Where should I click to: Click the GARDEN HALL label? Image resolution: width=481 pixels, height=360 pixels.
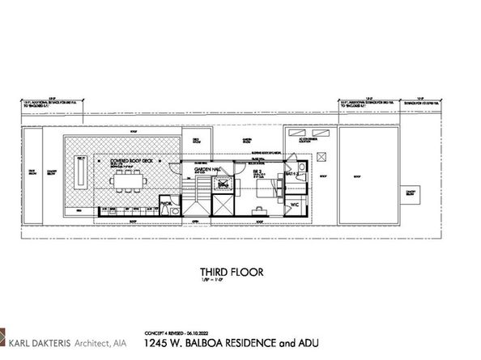point(207,170)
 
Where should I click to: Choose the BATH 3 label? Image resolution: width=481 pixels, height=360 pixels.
point(294,174)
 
